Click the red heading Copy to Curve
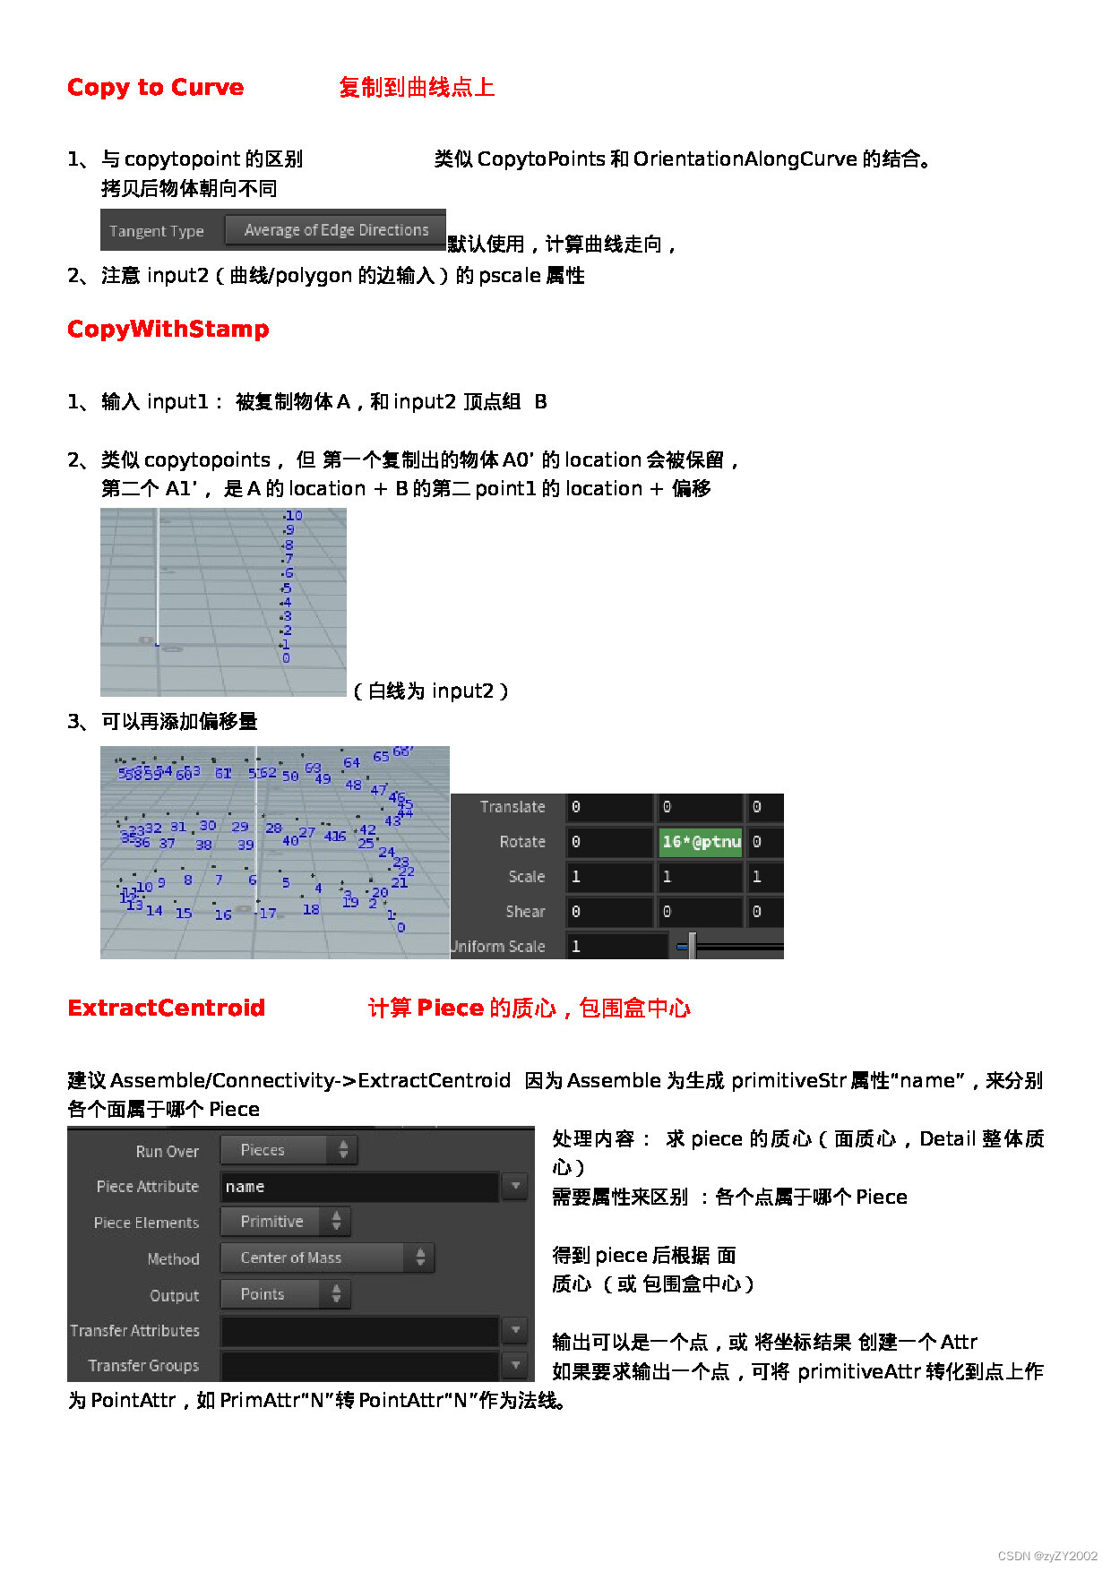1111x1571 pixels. [x=155, y=87]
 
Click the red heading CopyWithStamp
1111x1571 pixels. [x=168, y=329]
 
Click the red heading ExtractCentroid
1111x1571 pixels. [x=166, y=1008]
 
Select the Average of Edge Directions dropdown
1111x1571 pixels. [x=335, y=230]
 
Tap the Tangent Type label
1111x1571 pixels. [x=157, y=231]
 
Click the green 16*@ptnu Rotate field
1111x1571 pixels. [x=701, y=842]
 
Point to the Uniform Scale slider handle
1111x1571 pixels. [x=692, y=946]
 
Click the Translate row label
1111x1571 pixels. [x=512, y=807]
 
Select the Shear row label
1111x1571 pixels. [x=525, y=912]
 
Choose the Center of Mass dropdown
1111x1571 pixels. [x=326, y=1258]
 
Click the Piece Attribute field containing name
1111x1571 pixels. [x=358, y=1187]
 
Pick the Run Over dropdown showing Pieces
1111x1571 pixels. [x=288, y=1150]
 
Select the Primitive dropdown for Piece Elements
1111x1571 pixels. [x=284, y=1222]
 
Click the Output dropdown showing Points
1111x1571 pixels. [x=284, y=1294]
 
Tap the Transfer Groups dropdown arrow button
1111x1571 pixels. [x=515, y=1365]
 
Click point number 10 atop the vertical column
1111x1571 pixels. [x=294, y=516]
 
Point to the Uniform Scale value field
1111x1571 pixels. [x=616, y=946]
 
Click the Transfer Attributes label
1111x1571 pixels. [x=135, y=1331]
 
